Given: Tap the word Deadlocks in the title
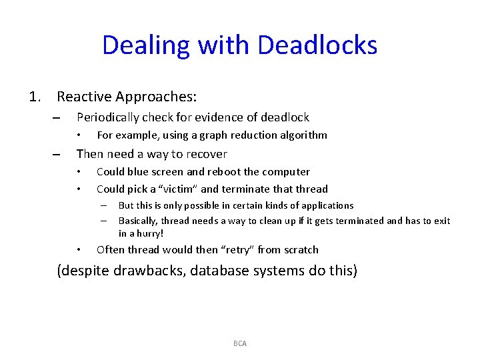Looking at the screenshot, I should tap(317, 45).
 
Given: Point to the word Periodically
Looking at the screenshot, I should tap(111, 117).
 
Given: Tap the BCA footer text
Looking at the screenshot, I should tap(240, 343).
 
